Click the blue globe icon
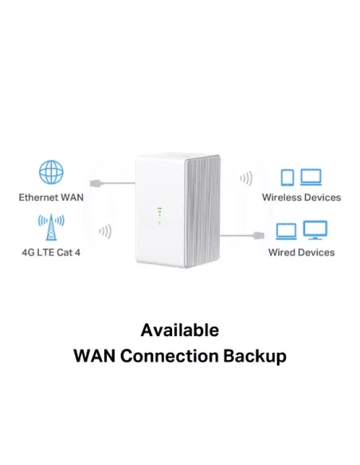pos(51,173)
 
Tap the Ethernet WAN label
pos(52,197)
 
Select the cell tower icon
pos(51,228)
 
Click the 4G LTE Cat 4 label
pos(52,252)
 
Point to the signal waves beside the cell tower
pos(104,232)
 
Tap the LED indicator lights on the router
pos(159,214)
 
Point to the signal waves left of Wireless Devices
pos(246,178)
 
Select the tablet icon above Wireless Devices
pos(288,177)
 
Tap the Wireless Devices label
pos(301,197)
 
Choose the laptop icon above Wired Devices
pos(286,232)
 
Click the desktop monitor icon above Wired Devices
pos(315,231)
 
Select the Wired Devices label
pos(301,252)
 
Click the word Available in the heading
pos(179,330)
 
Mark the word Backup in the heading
pos(256,356)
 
